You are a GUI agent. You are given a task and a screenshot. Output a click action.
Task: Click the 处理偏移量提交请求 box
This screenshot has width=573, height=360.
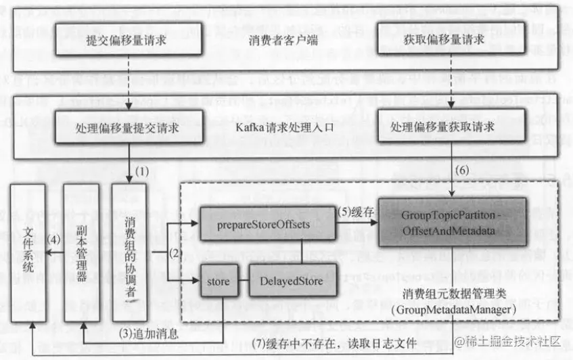(127, 128)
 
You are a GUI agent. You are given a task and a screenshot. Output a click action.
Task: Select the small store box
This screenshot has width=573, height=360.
(219, 279)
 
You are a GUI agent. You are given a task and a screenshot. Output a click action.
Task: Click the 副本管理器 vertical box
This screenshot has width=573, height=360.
(81, 252)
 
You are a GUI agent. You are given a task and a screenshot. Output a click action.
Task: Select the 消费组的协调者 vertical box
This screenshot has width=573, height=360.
(131, 252)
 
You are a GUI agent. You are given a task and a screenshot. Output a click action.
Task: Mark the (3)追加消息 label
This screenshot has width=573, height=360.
(147, 332)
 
